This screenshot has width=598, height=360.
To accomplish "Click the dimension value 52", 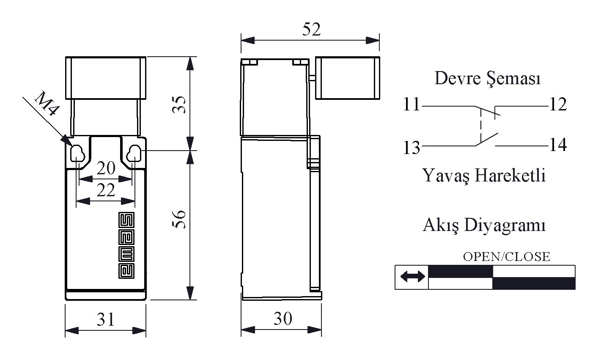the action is click(x=311, y=29).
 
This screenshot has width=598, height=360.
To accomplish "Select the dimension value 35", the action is click(x=179, y=104).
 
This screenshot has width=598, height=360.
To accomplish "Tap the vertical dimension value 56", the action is click(x=179, y=219).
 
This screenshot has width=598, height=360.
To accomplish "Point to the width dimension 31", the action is click(x=105, y=319).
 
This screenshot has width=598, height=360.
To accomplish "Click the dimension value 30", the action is click(x=283, y=319).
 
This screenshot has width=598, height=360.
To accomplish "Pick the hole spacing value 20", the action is click(x=106, y=168).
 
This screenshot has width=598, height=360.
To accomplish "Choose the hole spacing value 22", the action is click(x=106, y=190).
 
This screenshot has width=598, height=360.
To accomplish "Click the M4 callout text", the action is click(x=46, y=104).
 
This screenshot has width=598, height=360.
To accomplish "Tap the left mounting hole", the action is click(x=77, y=153).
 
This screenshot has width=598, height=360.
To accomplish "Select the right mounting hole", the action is click(x=134, y=153).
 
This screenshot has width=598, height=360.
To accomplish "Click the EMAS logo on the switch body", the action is click(x=126, y=245).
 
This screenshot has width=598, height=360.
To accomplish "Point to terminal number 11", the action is click(x=411, y=104).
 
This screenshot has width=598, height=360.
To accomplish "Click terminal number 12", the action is click(x=558, y=104).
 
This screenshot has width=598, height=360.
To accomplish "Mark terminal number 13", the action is click(x=411, y=148).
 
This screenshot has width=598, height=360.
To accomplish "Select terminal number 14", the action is click(x=558, y=145).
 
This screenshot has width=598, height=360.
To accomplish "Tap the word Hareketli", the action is click(x=511, y=176).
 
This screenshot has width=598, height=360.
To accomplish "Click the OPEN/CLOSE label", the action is click(x=506, y=257).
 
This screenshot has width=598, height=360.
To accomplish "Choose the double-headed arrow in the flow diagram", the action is click(x=412, y=276).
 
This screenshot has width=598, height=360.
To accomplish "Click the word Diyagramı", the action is click(x=505, y=225).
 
